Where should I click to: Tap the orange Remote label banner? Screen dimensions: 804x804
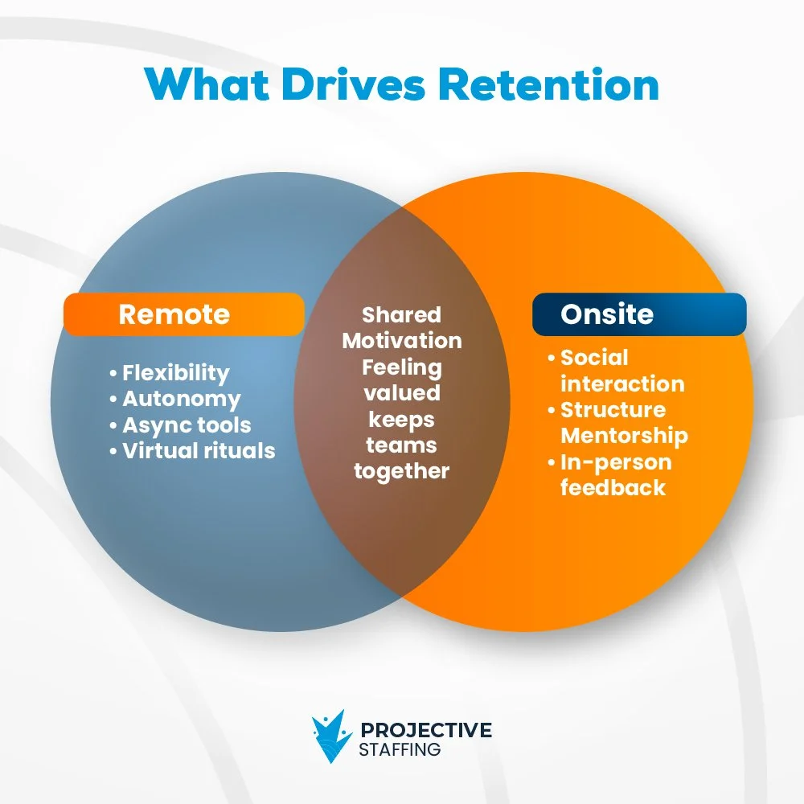click(x=183, y=314)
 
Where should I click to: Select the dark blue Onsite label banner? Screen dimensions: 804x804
click(x=639, y=314)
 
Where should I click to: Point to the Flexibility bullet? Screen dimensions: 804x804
click(x=175, y=373)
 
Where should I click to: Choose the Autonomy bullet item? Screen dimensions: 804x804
click(x=181, y=400)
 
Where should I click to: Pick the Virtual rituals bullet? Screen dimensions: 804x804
click(x=199, y=451)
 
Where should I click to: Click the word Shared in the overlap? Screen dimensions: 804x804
click(x=401, y=314)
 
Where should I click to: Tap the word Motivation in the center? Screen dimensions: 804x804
click(x=402, y=341)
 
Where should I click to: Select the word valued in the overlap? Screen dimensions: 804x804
click(x=402, y=393)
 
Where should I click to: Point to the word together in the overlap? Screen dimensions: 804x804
click(x=402, y=471)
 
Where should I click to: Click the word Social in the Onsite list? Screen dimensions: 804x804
click(x=594, y=358)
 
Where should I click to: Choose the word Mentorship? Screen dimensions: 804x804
click(x=624, y=436)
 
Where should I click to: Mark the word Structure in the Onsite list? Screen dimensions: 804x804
click(x=613, y=410)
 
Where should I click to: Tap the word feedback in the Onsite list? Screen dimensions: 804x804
click(x=613, y=488)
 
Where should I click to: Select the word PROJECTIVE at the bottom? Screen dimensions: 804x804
click(x=426, y=730)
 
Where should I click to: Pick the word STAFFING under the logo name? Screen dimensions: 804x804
click(x=400, y=749)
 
